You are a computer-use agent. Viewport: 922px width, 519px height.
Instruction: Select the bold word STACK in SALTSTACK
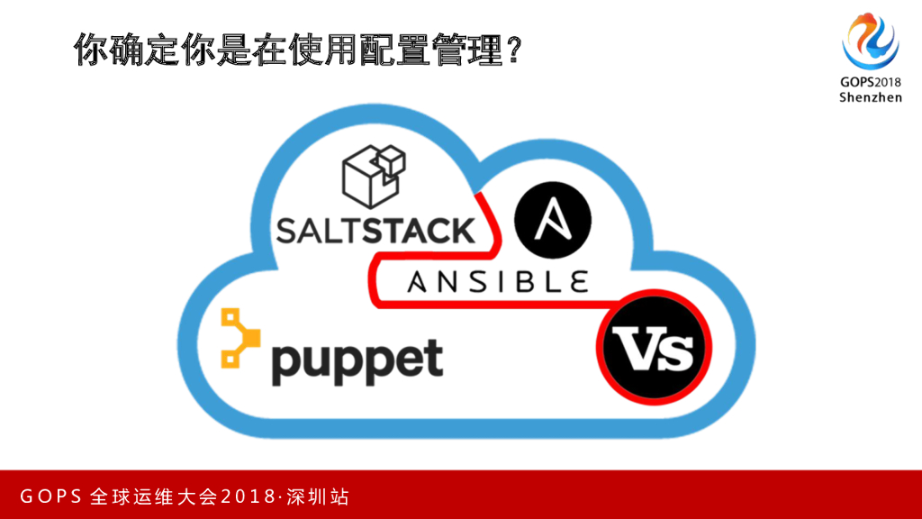(x=418, y=229)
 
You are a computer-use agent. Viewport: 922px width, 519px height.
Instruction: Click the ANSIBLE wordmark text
(x=499, y=282)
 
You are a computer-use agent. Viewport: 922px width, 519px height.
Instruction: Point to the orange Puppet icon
(x=239, y=338)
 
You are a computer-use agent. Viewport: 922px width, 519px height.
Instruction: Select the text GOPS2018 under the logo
(x=871, y=82)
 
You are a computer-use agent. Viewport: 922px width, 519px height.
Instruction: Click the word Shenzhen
(x=871, y=97)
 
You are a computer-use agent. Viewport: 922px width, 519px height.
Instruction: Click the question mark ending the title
(x=513, y=50)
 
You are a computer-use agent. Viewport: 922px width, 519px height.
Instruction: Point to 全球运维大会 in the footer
(x=155, y=496)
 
